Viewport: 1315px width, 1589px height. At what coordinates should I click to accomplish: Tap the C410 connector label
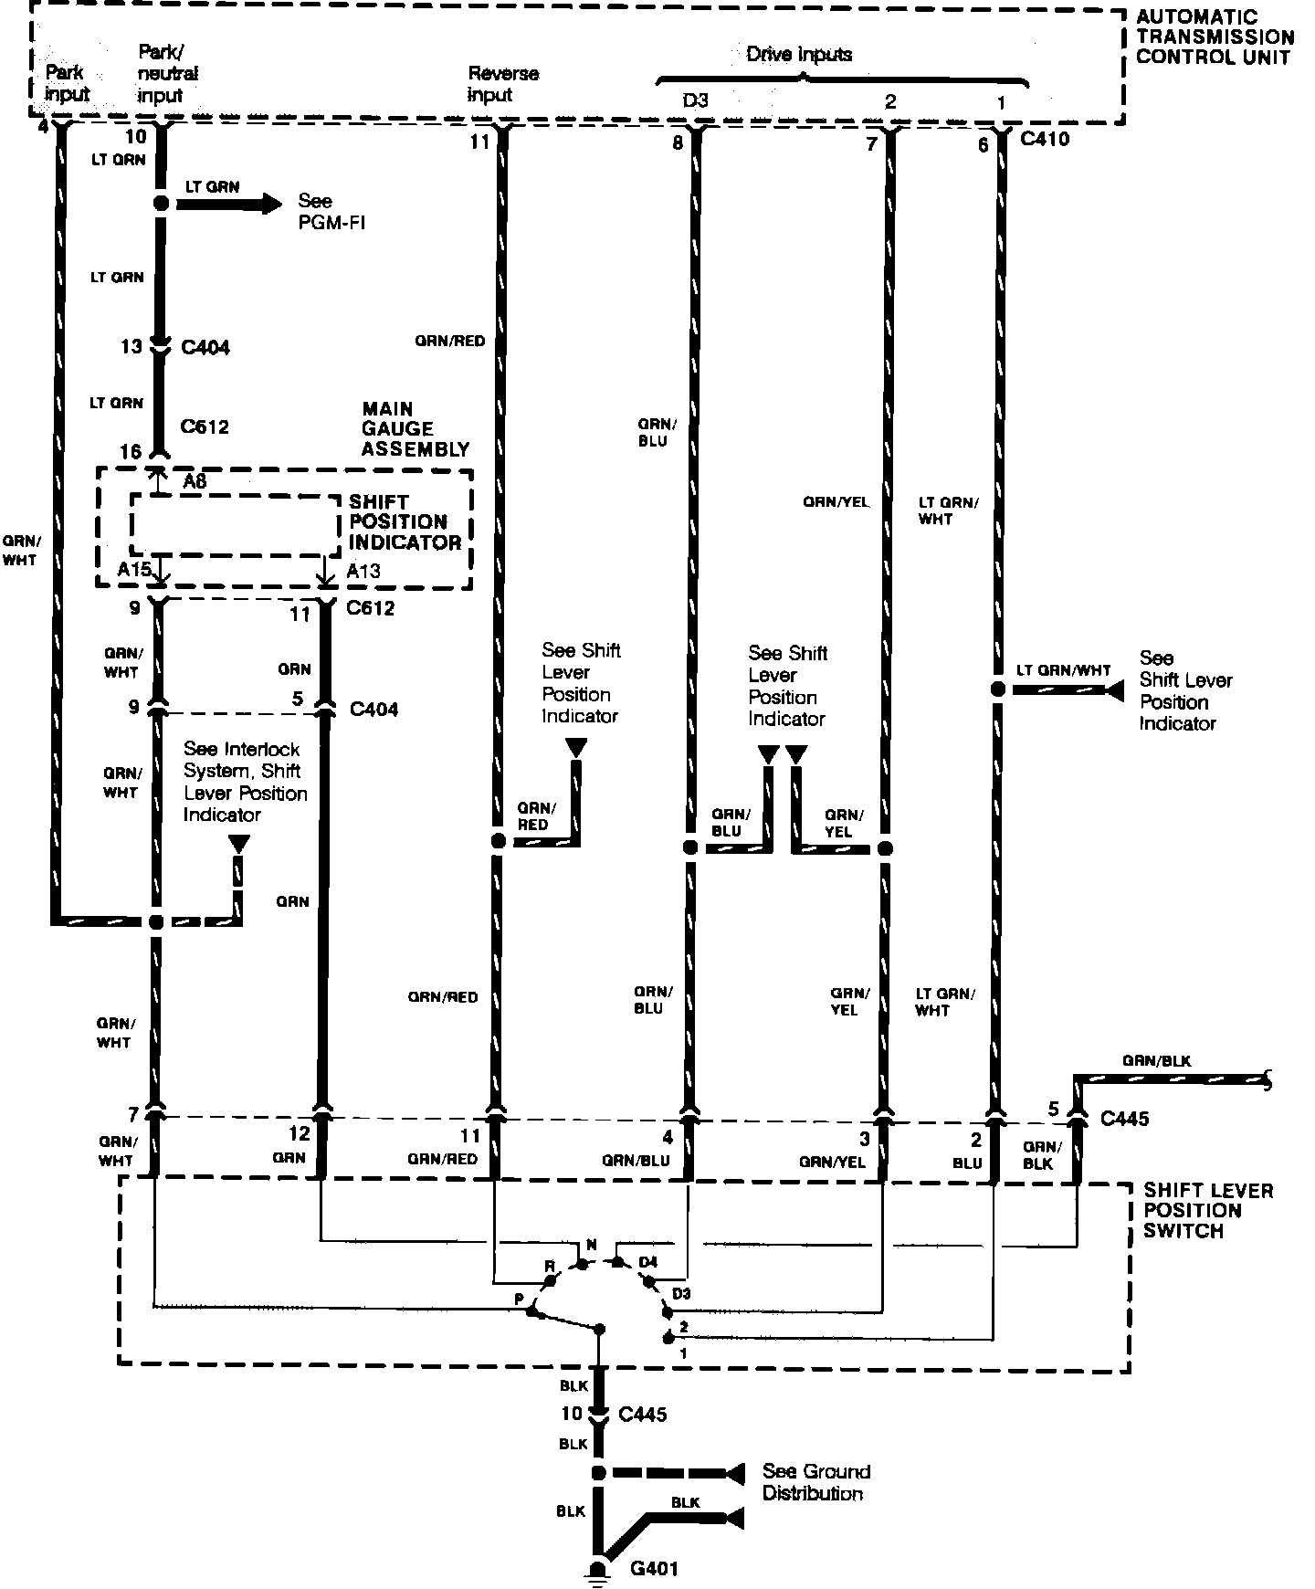pos(1045,140)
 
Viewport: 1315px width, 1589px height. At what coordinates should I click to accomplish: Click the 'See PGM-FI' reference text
pos(331,211)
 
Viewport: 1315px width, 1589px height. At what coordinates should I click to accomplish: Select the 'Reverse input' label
pos(502,84)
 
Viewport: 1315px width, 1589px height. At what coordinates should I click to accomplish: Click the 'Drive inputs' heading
pos(799,54)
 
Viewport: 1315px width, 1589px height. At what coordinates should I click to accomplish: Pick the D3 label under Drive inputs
pos(695,100)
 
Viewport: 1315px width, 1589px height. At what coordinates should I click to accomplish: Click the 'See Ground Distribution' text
pos(815,1482)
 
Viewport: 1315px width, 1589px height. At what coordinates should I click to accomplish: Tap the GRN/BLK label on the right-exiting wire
pos(1156,1061)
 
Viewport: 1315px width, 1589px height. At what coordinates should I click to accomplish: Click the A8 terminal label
pos(195,481)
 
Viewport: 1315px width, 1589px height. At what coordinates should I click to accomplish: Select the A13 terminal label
pos(363,571)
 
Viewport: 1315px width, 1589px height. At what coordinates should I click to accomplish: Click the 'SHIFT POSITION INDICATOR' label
pos(404,521)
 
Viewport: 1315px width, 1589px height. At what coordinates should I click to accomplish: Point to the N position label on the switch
pos(591,1245)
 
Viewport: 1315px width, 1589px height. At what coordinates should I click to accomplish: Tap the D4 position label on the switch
pos(647,1262)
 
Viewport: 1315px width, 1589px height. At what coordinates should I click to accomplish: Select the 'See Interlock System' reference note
pos(245,782)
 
